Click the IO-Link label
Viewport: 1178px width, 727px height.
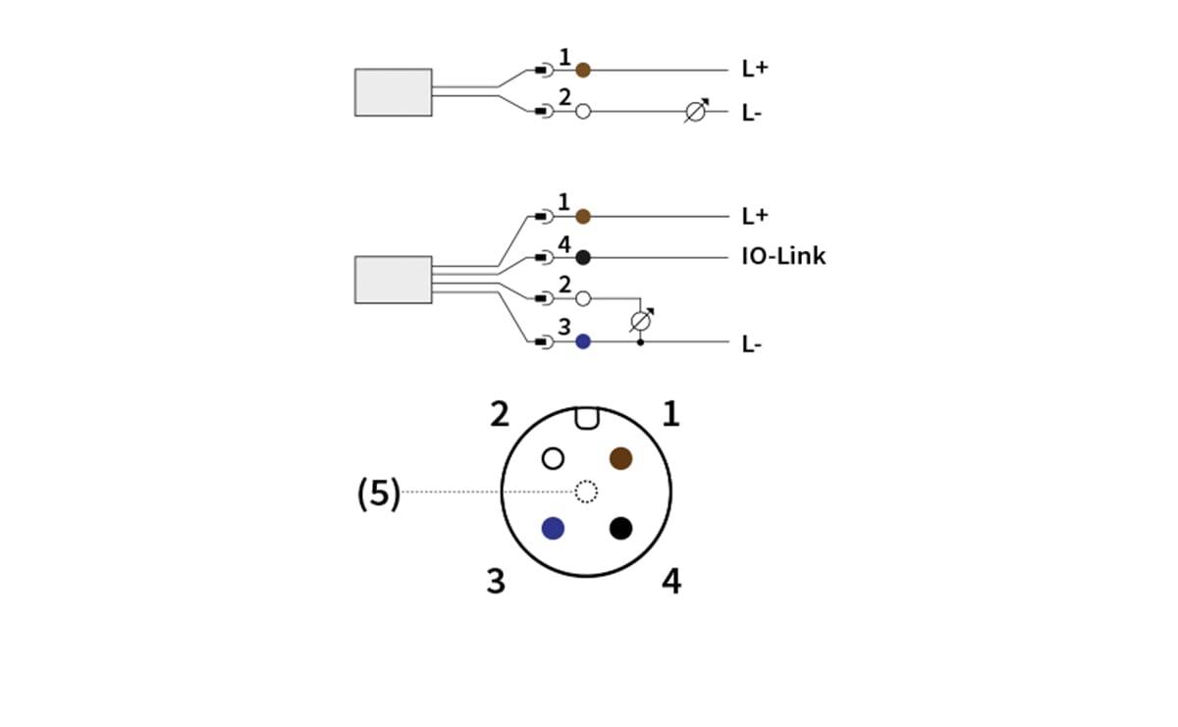pyautogui.click(x=783, y=257)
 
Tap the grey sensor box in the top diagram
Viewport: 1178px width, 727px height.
pyautogui.click(x=393, y=92)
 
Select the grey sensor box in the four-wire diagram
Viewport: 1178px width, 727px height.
pyautogui.click(x=393, y=280)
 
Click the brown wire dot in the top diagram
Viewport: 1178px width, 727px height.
pyautogui.click(x=583, y=70)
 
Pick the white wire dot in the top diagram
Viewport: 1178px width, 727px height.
pyautogui.click(x=583, y=112)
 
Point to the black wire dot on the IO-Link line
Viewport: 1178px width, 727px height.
pyautogui.click(x=583, y=257)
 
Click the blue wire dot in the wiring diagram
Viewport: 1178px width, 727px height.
pyautogui.click(x=583, y=341)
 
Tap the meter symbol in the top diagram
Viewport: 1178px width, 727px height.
pyautogui.click(x=695, y=112)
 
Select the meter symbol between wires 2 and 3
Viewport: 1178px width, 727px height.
pyautogui.click(x=641, y=320)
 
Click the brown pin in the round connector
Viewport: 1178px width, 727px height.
pyautogui.click(x=620, y=458)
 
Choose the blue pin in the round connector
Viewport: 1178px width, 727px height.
pyautogui.click(x=553, y=528)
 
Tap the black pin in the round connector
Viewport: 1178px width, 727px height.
pyautogui.click(x=620, y=528)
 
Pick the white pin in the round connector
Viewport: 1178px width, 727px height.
pyautogui.click(x=553, y=458)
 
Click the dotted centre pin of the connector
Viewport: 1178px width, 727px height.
pyautogui.click(x=586, y=492)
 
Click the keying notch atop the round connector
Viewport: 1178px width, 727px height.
pyautogui.click(x=586, y=418)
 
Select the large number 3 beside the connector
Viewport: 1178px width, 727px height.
pyautogui.click(x=497, y=582)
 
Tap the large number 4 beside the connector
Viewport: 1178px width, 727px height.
pyautogui.click(x=670, y=582)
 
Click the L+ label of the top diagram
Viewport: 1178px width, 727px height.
pyautogui.click(x=754, y=70)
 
